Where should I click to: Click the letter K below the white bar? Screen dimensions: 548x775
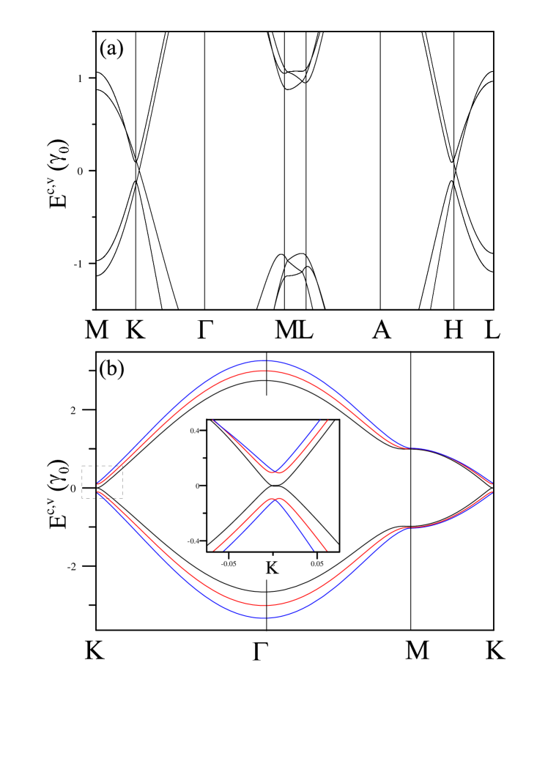pos(270,568)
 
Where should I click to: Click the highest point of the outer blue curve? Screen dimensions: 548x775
pos(264,360)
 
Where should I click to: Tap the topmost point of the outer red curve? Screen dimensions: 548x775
pos(264,371)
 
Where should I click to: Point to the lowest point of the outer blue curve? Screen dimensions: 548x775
pos(264,618)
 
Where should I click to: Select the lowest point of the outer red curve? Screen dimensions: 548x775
pos(264,605)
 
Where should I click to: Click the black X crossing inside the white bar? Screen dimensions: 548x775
pos(268,485)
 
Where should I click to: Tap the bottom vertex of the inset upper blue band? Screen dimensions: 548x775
pos(274,471)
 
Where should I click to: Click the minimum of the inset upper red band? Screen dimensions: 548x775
pos(280,473)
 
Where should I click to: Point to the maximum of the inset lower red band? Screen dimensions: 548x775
pos(280,498)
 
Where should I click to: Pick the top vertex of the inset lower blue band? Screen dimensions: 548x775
pos(274,500)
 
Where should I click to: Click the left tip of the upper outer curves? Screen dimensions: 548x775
pos(98,483)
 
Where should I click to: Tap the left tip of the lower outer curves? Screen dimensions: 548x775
pos(98,492)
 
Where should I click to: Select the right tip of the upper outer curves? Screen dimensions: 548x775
pos(492,483)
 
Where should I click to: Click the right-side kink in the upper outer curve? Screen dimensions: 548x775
pos(410,448)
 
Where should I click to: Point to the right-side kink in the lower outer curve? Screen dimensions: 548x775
pos(410,527)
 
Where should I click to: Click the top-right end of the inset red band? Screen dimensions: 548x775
pos(327,420)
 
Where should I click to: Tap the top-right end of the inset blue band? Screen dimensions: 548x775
pos(320,420)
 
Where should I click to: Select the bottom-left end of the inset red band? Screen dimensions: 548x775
pos(214,549)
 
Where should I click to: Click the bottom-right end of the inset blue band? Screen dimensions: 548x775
pos(314,549)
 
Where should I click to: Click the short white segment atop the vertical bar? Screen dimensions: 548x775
pos(267,407)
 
